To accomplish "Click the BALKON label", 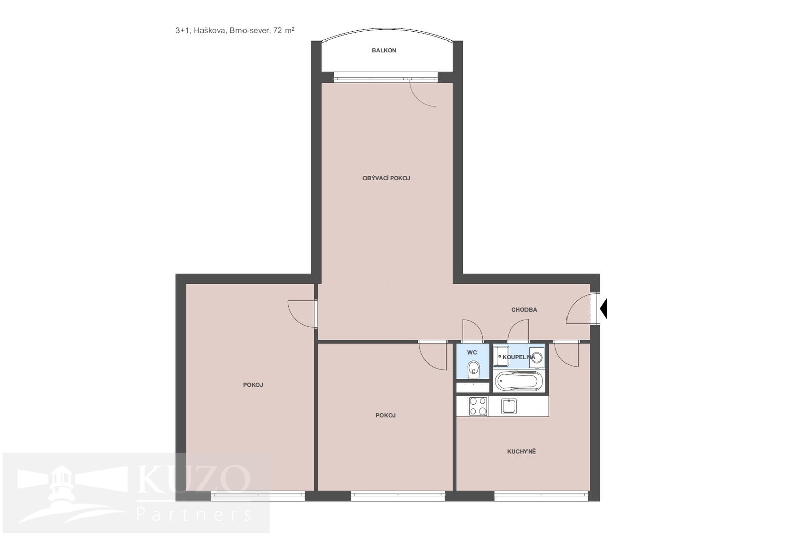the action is tap(384, 50).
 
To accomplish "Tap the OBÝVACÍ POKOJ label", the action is tap(386, 178).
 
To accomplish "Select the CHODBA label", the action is tap(524, 310).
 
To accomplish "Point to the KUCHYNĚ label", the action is tap(521, 452).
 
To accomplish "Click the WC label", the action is tap(472, 352).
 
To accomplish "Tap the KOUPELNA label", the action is tap(518, 357).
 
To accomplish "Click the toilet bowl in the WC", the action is tap(473, 368).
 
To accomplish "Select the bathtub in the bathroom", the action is tap(518, 382).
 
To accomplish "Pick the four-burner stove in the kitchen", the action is tap(478, 406).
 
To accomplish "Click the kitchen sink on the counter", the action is tap(509, 406).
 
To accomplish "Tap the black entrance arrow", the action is tap(603, 309).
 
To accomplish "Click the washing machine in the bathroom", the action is tap(537, 357).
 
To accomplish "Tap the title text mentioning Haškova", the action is tap(235, 31).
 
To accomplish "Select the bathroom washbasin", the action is tap(501, 356).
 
